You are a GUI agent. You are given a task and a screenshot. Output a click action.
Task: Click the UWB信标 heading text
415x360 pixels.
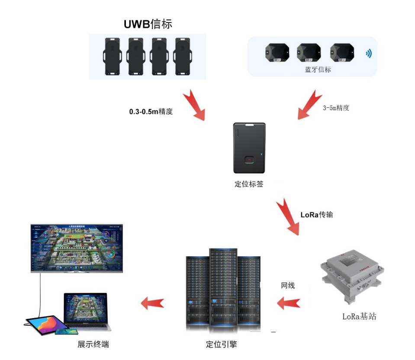click(x=148, y=23)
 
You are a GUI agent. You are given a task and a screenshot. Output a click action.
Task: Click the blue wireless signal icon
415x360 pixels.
click(x=368, y=54)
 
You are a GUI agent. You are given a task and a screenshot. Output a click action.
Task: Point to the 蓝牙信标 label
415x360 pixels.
click(x=318, y=69)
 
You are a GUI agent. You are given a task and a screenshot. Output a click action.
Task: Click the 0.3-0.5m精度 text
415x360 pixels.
click(x=151, y=112)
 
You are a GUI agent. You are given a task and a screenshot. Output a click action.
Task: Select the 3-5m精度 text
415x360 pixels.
click(x=336, y=108)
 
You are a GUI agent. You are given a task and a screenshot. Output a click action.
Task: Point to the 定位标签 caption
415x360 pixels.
click(x=249, y=184)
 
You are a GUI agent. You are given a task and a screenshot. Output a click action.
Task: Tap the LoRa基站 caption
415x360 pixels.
click(x=359, y=316)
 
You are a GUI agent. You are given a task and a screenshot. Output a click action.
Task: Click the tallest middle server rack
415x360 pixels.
click(x=223, y=288)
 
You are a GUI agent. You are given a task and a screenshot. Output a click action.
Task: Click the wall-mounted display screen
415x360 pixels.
click(x=77, y=248)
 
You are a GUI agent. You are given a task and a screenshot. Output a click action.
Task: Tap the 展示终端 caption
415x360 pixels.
click(x=93, y=345)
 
